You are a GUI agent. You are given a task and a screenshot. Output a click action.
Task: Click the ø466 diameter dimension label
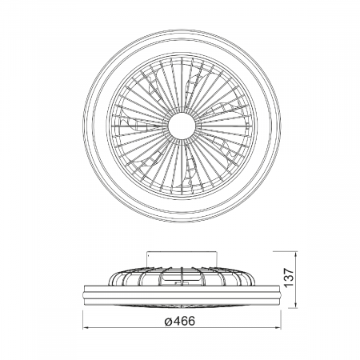180,321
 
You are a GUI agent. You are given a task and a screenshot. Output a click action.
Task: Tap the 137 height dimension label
288,278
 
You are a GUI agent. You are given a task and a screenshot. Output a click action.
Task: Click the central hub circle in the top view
182,126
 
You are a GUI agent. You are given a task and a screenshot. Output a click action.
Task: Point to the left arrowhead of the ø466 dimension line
86,328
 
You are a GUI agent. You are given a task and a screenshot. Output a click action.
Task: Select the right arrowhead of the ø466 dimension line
278,328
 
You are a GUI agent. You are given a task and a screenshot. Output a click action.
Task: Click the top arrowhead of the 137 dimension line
296,254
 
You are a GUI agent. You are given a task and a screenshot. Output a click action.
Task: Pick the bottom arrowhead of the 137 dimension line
296,305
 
